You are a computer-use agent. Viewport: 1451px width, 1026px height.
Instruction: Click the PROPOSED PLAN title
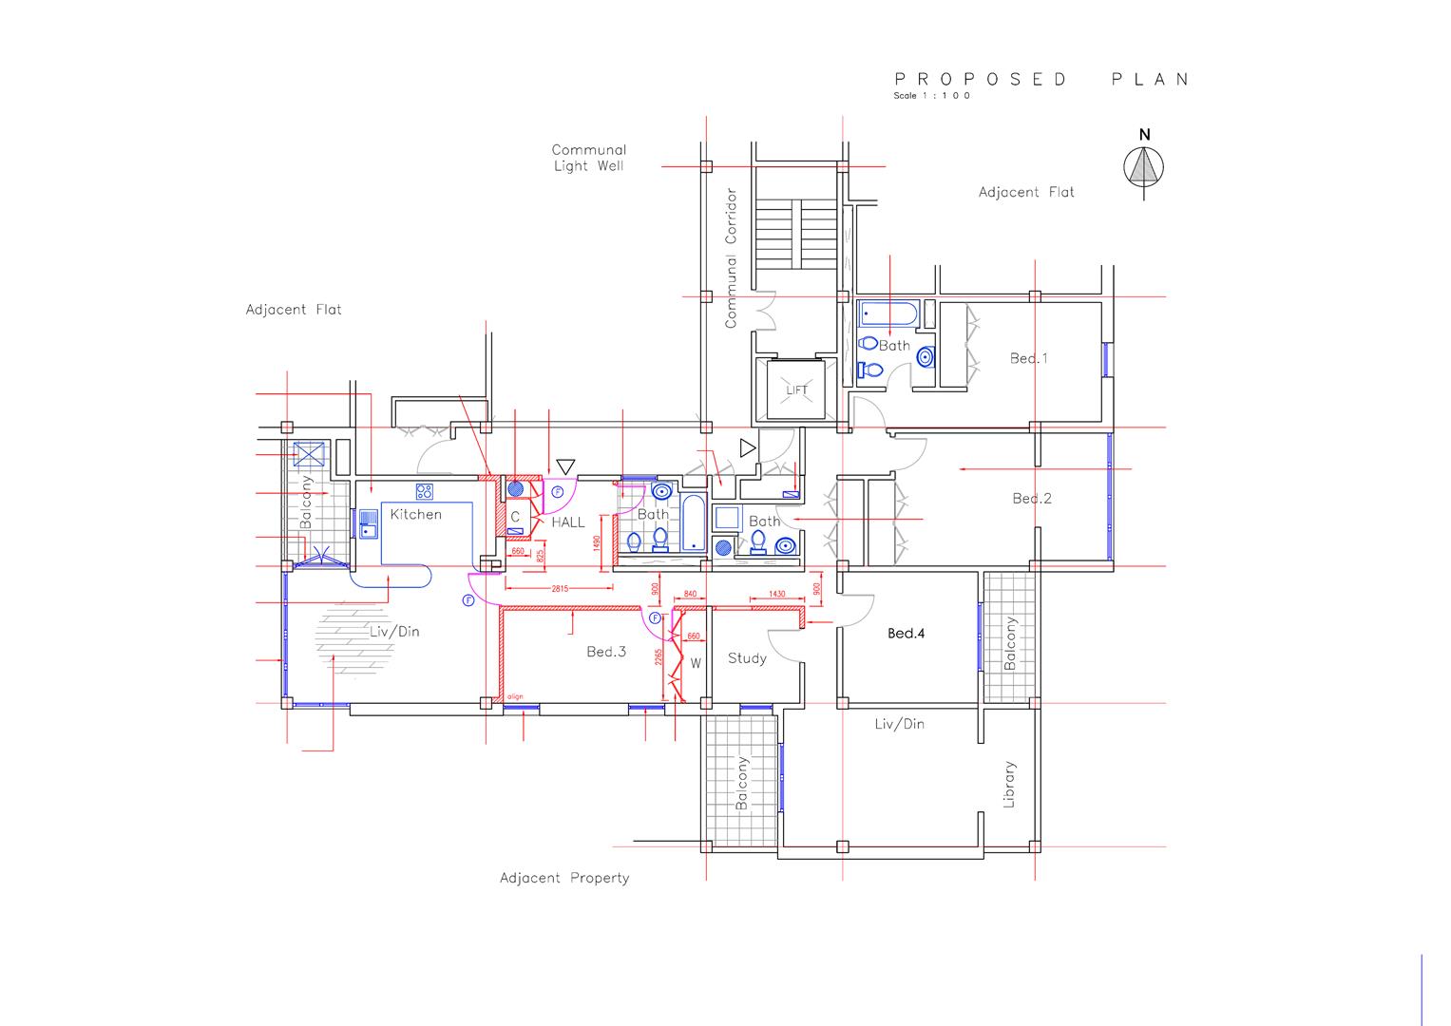point(1041,79)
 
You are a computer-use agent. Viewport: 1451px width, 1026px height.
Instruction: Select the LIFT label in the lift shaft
point(796,390)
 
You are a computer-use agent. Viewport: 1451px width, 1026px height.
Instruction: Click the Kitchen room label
point(416,514)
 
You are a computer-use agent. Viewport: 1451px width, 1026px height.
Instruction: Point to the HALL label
point(568,522)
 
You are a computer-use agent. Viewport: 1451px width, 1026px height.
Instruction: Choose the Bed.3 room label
point(606,652)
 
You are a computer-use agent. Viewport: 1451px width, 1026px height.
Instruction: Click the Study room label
point(747,657)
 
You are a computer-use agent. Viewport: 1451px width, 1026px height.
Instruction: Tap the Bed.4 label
point(906,633)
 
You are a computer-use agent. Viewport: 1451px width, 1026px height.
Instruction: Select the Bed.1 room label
point(1029,358)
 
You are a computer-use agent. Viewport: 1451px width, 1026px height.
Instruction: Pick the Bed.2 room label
point(1032,498)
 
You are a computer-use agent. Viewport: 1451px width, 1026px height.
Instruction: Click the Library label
point(1009,784)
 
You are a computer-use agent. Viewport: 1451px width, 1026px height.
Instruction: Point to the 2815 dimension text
point(560,589)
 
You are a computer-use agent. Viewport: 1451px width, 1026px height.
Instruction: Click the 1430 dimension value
point(776,594)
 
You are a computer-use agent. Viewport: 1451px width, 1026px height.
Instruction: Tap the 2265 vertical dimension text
point(659,658)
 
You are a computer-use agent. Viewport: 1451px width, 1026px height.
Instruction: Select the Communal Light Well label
point(589,158)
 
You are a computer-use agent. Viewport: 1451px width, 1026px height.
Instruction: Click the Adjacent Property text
point(564,878)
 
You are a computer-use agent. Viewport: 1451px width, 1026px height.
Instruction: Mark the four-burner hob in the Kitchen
point(424,491)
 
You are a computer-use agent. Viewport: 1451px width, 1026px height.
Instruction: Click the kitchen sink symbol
point(368,524)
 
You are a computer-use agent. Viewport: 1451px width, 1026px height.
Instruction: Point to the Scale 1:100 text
point(931,96)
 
